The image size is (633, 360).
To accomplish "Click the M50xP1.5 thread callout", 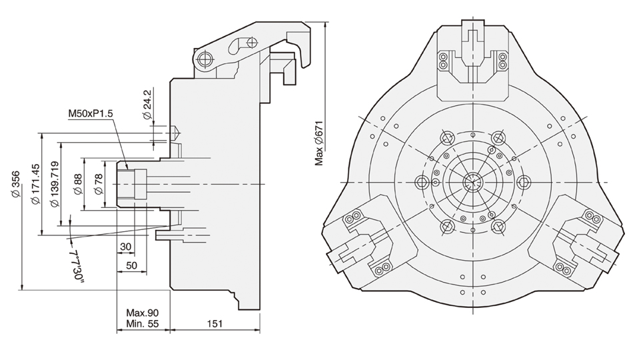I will coord(91,114).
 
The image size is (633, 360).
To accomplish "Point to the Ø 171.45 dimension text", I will coord(35,183).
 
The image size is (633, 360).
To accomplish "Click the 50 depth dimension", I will coord(132,265).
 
